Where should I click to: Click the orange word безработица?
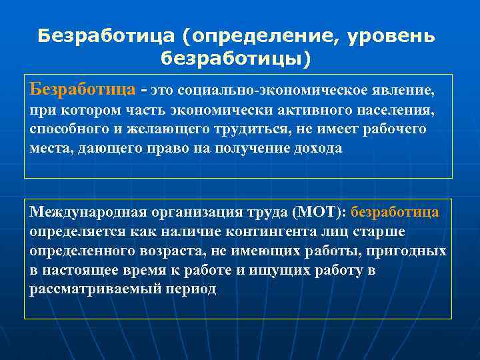point(395,213)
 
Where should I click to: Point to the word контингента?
point(244,232)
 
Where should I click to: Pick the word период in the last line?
point(194,290)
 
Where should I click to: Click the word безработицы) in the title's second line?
point(235,59)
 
